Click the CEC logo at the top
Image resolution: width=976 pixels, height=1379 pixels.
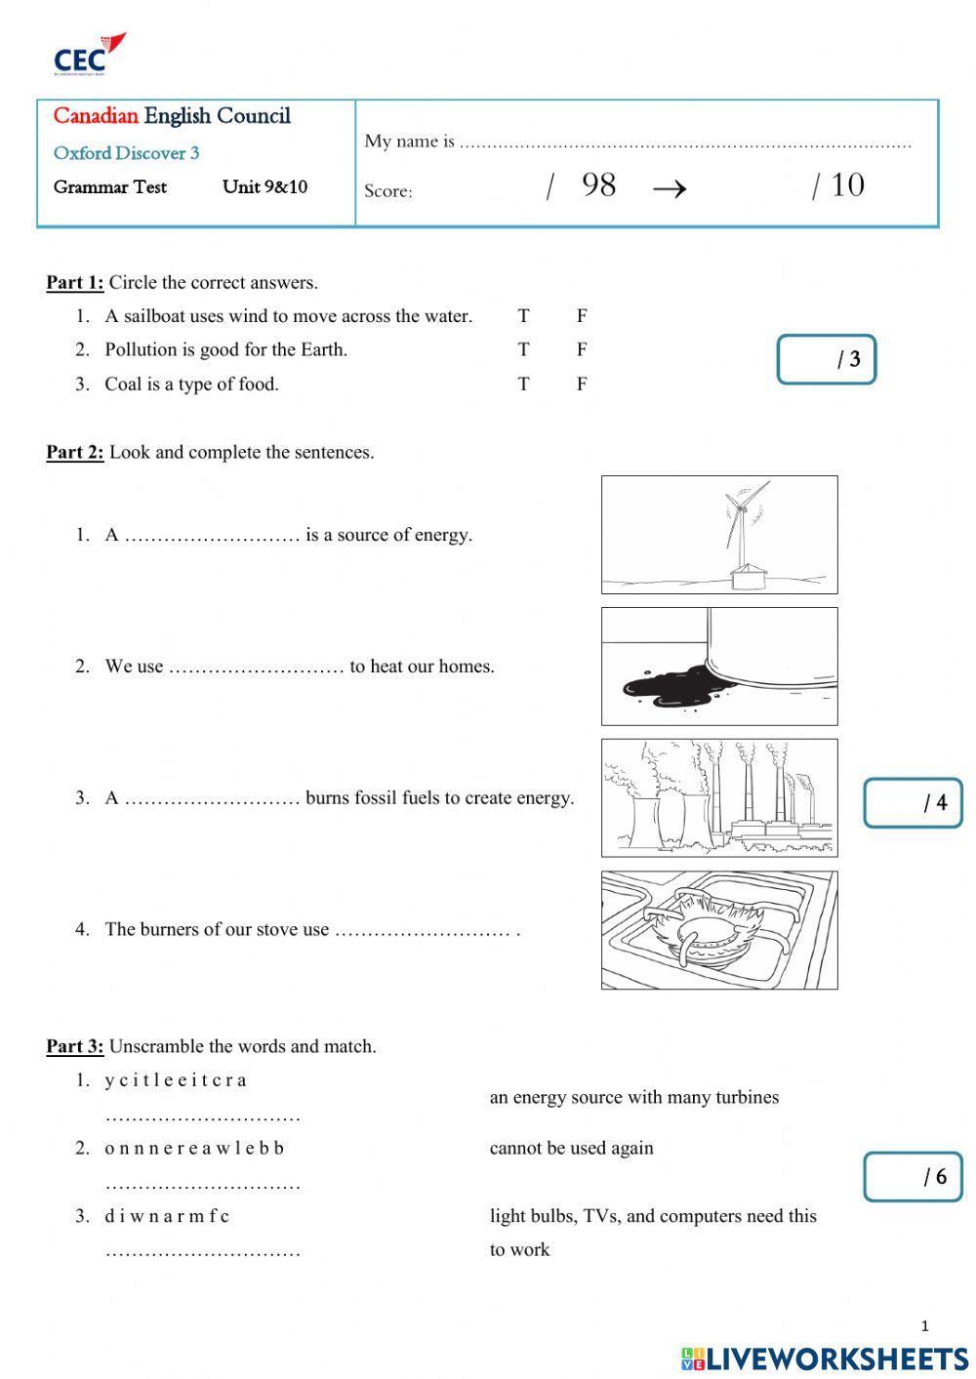pos(89,55)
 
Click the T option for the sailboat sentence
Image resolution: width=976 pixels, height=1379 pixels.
pos(524,316)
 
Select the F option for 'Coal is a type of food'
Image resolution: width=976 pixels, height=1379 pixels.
pos(582,384)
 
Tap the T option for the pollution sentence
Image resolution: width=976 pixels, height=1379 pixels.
pos(524,349)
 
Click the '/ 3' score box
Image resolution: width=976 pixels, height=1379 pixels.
pos(826,359)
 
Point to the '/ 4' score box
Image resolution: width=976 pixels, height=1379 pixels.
pos(913,802)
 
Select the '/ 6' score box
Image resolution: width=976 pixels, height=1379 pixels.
pos(913,1176)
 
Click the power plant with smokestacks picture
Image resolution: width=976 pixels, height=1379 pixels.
pos(719,797)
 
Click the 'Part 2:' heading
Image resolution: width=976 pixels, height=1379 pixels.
pos(75,452)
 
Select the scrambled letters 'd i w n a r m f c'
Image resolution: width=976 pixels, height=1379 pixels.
pos(167,1216)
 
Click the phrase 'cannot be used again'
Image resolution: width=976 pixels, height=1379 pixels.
pos(571,1148)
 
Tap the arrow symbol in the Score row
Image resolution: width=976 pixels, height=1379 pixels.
pos(669,187)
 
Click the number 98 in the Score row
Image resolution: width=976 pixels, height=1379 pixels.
pos(598,184)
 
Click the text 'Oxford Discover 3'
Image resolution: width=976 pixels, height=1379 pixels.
pos(126,153)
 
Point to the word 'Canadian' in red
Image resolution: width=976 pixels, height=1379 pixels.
pos(96,116)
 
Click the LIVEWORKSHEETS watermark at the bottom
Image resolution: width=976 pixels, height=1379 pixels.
pos(825,1358)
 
